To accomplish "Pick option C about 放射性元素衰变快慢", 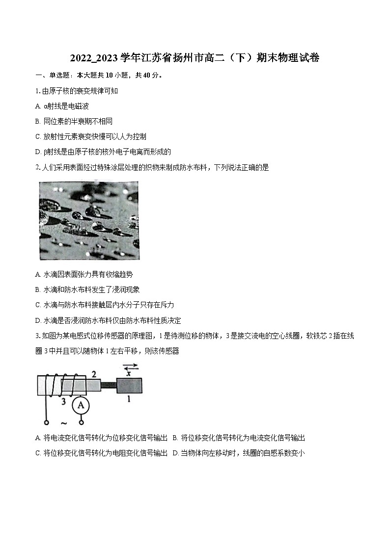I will click(91, 136).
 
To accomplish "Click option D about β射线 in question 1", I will click(103, 152).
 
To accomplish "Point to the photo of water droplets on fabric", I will click(88, 220).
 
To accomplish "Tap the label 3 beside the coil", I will click(63, 402).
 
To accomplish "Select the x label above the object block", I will click(129, 372).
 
